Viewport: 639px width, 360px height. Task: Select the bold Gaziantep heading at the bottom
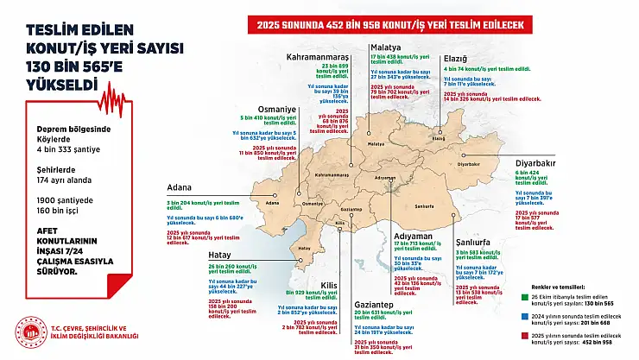[377, 304]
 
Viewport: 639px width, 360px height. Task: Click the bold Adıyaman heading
[413, 235]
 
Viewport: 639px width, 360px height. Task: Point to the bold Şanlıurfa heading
[478, 241]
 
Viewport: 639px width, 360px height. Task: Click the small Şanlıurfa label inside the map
[424, 207]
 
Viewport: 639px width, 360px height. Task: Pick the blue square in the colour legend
[525, 317]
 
